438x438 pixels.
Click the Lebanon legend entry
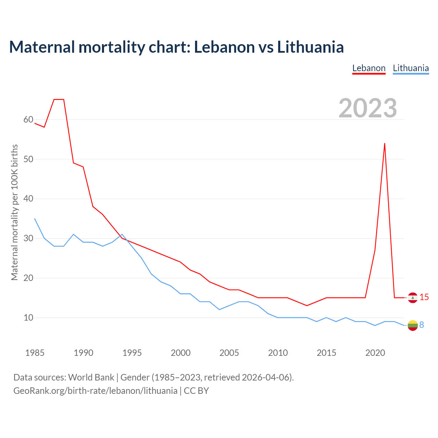(x=369, y=68)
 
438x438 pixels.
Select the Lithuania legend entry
(x=411, y=68)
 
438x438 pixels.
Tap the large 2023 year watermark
(x=368, y=108)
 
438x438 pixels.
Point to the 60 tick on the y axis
(x=28, y=120)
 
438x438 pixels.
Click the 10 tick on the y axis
(x=28, y=318)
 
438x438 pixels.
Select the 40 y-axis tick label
(x=28, y=199)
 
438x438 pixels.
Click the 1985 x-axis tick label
(x=35, y=353)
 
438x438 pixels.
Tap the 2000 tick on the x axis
(x=181, y=353)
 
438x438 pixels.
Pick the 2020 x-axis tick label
(x=375, y=353)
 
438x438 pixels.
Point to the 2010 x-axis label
(x=278, y=353)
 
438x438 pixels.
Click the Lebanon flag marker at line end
(x=413, y=298)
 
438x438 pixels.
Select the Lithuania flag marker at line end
(x=413, y=325)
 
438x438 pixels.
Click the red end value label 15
(x=424, y=297)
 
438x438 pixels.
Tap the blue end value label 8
(x=422, y=325)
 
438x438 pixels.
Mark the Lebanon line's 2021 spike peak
(x=385, y=143)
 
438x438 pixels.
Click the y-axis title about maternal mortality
(x=15, y=212)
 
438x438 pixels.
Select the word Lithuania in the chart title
(x=310, y=47)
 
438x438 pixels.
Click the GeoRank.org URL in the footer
(x=95, y=391)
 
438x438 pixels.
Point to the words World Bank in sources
(x=91, y=377)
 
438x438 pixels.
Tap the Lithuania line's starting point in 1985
(x=35, y=219)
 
